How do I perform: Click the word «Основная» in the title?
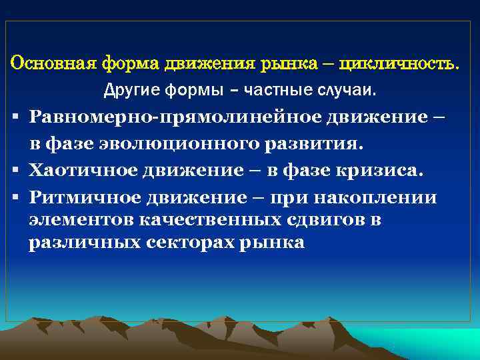pyautogui.click(x=53, y=64)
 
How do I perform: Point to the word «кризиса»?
pyautogui.click(x=375, y=171)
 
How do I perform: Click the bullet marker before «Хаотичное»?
pyautogui.click(x=15, y=171)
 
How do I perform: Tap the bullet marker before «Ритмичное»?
pyautogui.click(x=15, y=198)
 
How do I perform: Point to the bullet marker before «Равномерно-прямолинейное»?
pyautogui.click(x=15, y=117)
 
